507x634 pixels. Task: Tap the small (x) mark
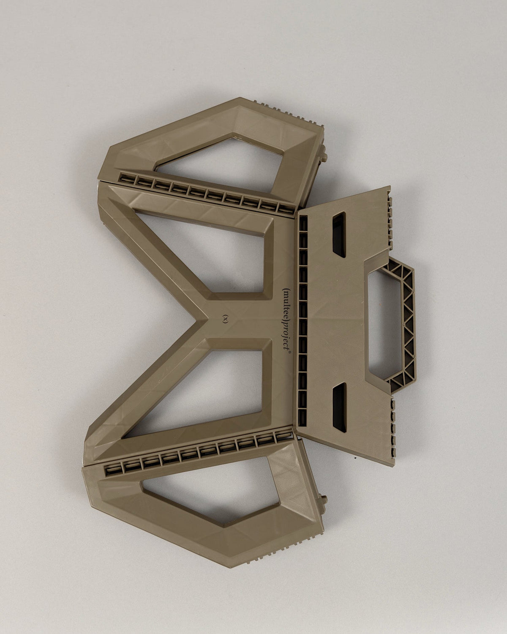225,319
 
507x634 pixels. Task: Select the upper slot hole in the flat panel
339,234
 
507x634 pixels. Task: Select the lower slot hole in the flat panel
339,407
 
